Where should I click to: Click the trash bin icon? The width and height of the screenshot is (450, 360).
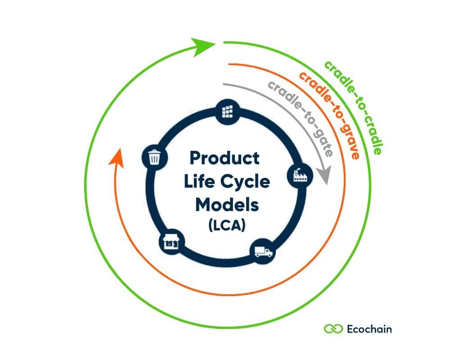pyautogui.click(x=154, y=157)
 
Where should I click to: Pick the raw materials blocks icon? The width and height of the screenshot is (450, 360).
pyautogui.click(x=229, y=110)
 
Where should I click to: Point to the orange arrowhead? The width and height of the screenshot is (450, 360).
pyautogui.click(x=117, y=157)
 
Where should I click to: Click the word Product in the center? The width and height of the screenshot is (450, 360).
pyautogui.click(x=225, y=158)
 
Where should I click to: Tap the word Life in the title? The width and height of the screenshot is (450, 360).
pyautogui.click(x=198, y=182)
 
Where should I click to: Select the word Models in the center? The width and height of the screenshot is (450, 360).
pyautogui.click(x=227, y=205)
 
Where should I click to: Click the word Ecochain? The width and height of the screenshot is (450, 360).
pyautogui.click(x=369, y=329)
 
